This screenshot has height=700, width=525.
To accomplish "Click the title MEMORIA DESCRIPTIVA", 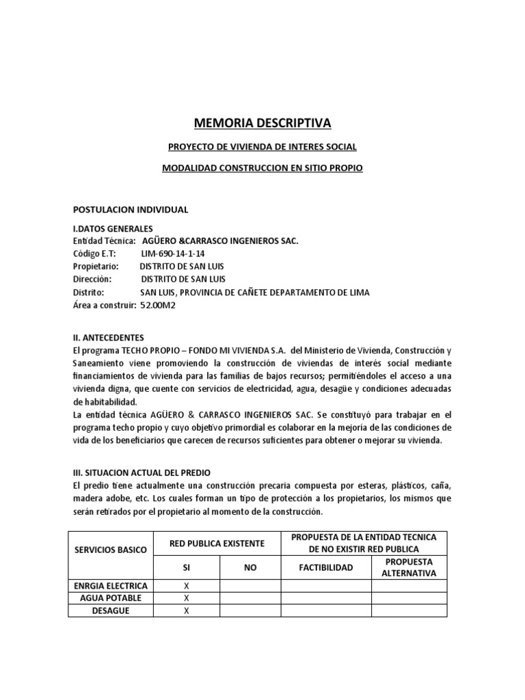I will [x=262, y=123].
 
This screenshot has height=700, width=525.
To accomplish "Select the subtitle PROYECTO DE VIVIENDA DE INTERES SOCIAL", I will [x=262, y=147].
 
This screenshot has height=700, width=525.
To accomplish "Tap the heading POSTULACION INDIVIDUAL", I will [x=130, y=208].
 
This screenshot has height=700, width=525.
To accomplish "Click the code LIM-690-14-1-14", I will [x=174, y=253].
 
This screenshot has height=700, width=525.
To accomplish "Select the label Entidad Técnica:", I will [x=105, y=241].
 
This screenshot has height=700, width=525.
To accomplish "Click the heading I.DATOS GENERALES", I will [x=113, y=228].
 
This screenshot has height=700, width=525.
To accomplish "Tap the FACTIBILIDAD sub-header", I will [x=326, y=567].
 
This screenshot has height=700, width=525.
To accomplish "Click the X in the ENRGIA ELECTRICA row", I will [x=187, y=586].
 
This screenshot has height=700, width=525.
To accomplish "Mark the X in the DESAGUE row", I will [x=187, y=610].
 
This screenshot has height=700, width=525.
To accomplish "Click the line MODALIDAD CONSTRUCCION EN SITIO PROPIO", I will [x=262, y=167].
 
